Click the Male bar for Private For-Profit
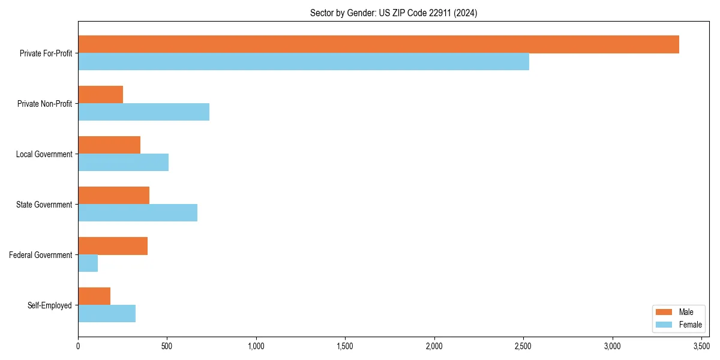378,44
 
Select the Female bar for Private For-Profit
304,62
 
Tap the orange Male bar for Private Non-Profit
100,95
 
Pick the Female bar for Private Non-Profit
143,112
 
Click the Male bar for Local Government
109,145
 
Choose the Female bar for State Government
137,213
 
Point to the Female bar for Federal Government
88,263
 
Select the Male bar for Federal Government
113,246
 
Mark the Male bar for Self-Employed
94,296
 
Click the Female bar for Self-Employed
107,314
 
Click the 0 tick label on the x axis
78,346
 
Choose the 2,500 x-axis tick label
523,346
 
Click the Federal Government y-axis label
41,255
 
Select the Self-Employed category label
50,305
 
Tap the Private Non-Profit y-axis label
44,104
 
